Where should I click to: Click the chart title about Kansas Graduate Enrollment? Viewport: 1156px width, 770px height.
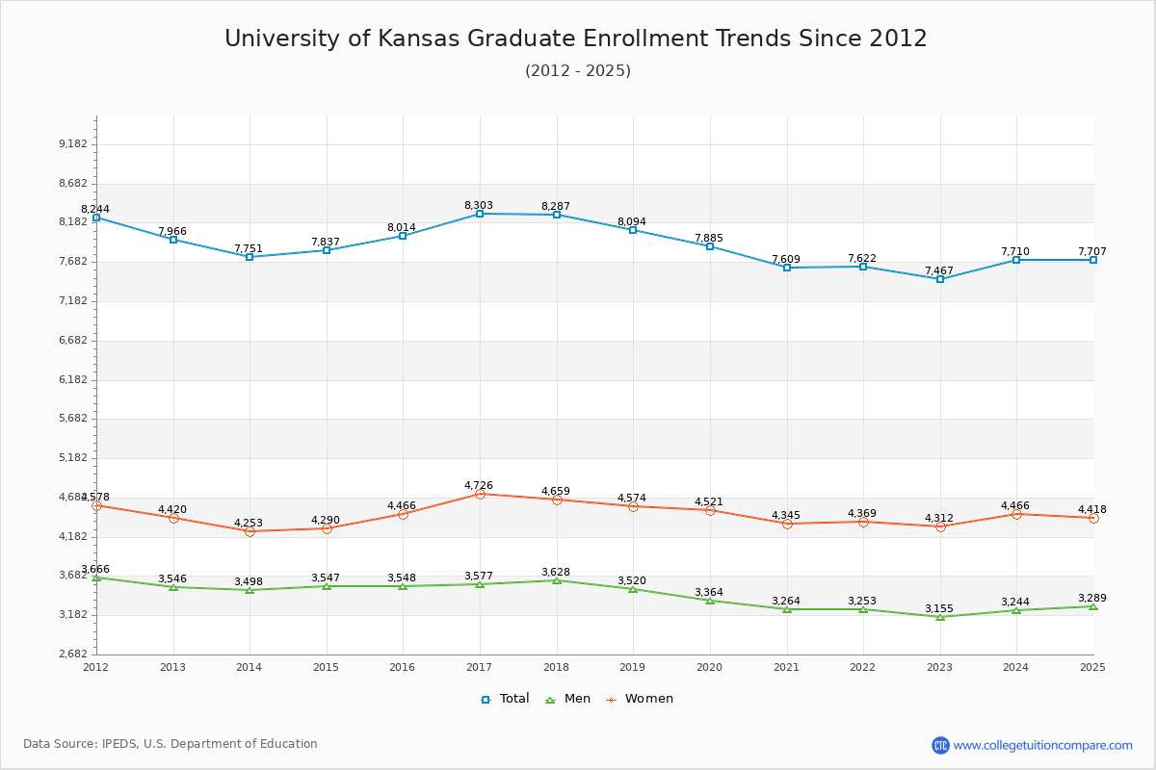(x=576, y=38)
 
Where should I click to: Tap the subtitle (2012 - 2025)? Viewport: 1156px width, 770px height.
(x=577, y=70)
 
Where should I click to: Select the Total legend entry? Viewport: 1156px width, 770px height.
(x=506, y=699)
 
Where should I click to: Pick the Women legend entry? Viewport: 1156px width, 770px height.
(x=640, y=699)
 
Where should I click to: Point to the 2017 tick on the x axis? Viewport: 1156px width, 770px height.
(x=479, y=666)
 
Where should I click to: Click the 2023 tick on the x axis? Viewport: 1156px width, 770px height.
(x=939, y=666)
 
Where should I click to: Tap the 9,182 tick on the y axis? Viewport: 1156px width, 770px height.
(x=73, y=144)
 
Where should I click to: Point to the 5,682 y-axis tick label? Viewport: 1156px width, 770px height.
(x=73, y=419)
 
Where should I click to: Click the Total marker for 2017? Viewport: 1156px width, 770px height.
(x=480, y=214)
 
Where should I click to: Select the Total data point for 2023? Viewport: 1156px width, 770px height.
(x=940, y=279)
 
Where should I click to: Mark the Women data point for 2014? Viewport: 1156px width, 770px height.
(x=250, y=531)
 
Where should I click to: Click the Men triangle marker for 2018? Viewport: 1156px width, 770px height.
(x=557, y=580)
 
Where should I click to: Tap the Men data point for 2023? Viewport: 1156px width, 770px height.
(x=940, y=617)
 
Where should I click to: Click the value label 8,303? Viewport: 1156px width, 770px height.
(x=479, y=205)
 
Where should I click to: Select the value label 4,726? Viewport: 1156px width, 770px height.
(x=479, y=485)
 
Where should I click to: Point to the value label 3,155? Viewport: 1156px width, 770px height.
(x=939, y=608)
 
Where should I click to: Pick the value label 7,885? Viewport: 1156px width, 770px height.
(x=709, y=238)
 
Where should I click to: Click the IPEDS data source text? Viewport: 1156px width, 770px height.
(x=171, y=744)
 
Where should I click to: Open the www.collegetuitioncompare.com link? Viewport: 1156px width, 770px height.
(x=1042, y=745)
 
